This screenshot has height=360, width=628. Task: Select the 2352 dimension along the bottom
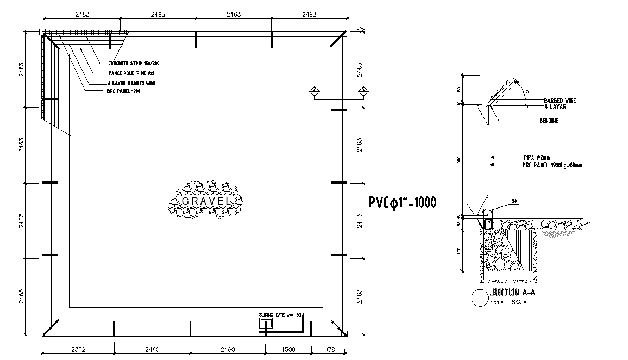pos(79,349)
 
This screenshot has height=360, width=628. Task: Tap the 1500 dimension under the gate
pos(287,349)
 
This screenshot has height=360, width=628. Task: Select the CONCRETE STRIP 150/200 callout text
pos(134,64)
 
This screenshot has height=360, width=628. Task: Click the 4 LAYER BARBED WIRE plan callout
pos(131,84)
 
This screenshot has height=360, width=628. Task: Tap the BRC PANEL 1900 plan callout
pos(124,92)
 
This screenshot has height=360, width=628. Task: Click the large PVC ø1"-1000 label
pos(402,203)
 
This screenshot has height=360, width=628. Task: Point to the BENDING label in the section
pos(549,121)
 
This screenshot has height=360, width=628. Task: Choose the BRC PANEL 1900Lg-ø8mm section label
pos(551,165)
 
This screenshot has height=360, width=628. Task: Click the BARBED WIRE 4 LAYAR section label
pos(560,104)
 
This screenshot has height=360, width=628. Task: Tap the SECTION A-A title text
pos(512,293)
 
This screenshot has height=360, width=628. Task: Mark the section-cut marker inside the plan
pos(313,91)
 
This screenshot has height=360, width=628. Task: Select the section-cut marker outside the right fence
pos(363,91)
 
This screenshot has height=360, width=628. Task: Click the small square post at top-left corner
pos(41,33)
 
